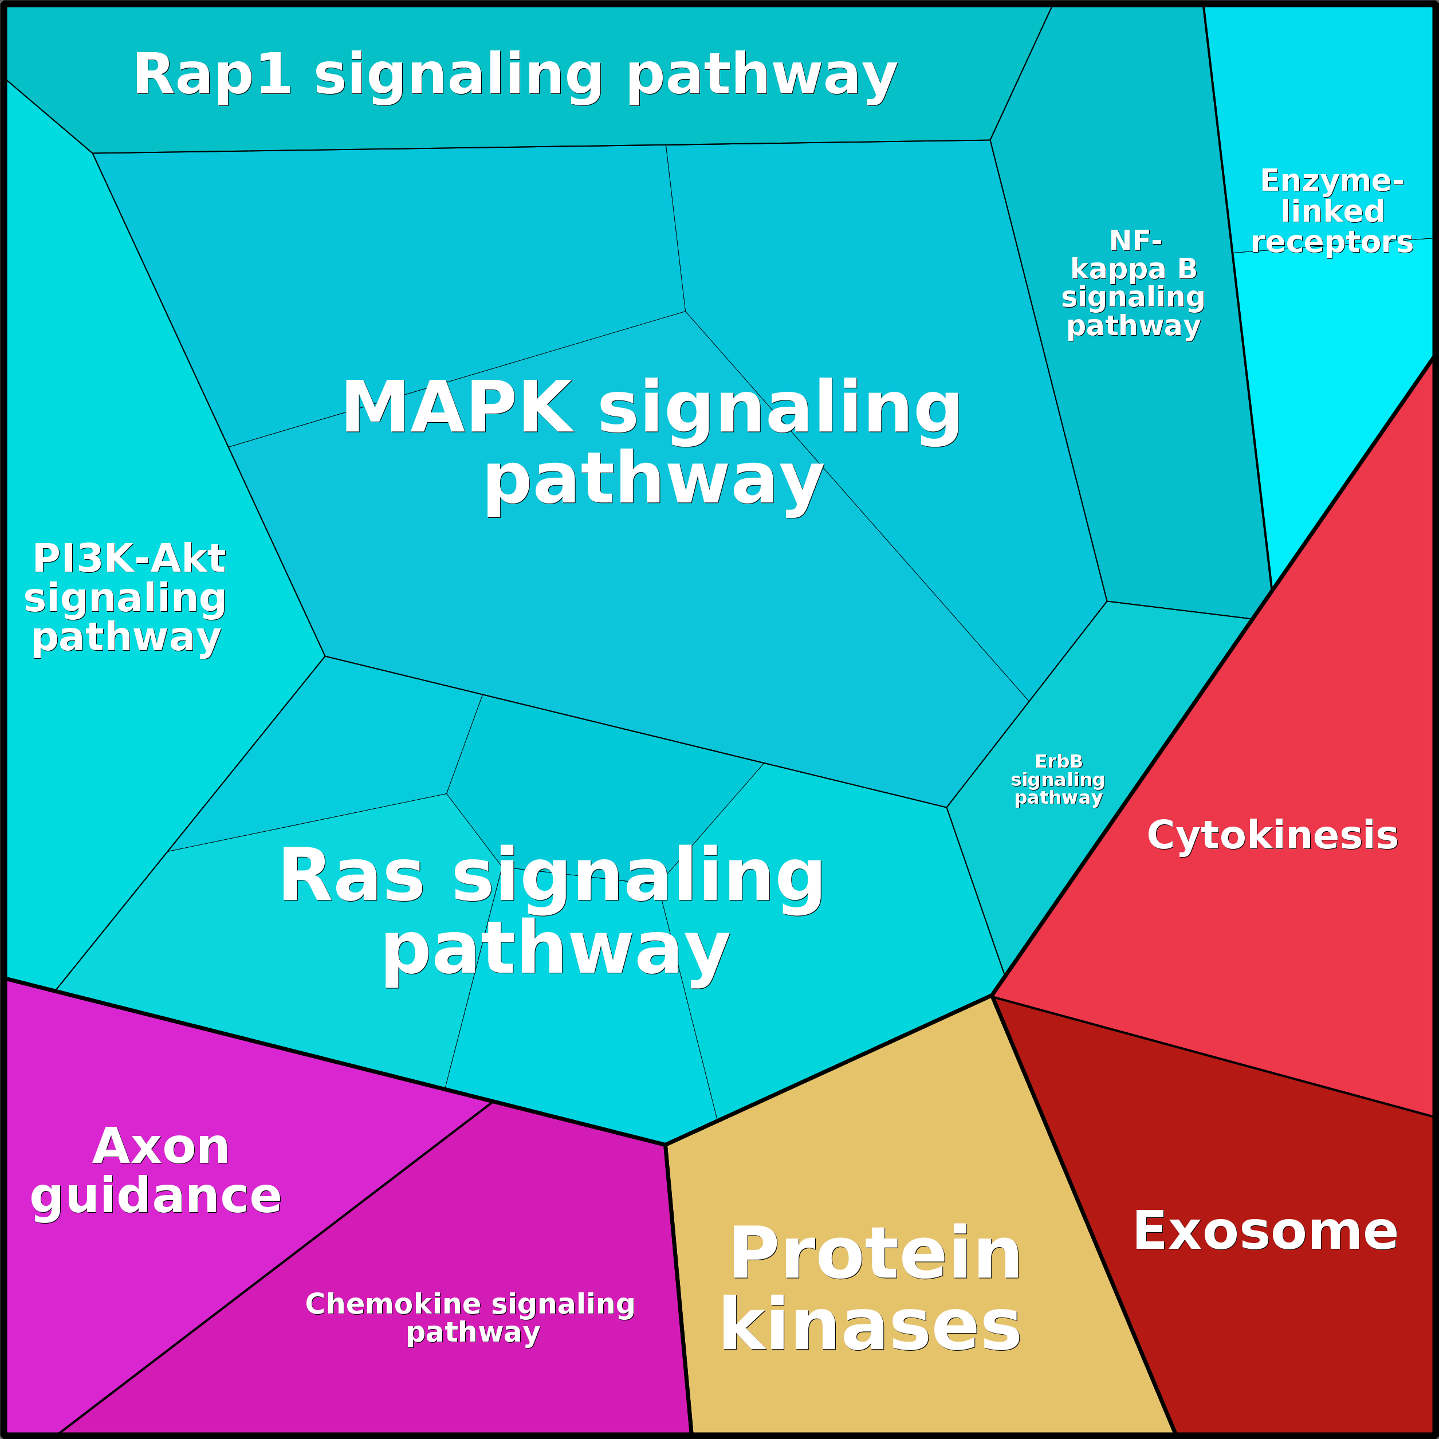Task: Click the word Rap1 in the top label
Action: [213, 74]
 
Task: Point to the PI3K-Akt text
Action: [129, 559]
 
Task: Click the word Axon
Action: [161, 1146]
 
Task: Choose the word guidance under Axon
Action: [156, 1196]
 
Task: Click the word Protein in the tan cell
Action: [875, 1255]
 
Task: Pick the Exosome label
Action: [1265, 1231]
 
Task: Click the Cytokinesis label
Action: [1272, 835]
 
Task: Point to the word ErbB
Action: [1059, 761]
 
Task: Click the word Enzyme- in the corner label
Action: [1332, 180]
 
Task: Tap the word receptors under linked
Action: [1332, 242]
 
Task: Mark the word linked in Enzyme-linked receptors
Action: [1332, 211]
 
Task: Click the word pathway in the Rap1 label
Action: [762, 77]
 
